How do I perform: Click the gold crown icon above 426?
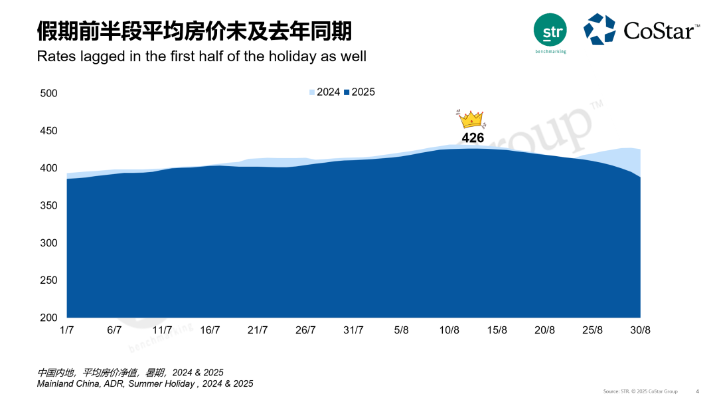click(x=471, y=119)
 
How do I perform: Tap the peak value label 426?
click(x=473, y=138)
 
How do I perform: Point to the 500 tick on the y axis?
click(x=49, y=94)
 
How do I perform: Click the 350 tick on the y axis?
click(x=49, y=206)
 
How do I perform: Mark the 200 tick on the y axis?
click(x=49, y=318)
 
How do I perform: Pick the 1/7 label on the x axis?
click(x=66, y=330)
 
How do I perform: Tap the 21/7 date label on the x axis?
click(x=258, y=330)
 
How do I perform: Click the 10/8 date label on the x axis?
click(x=449, y=330)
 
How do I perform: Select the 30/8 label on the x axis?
click(x=640, y=330)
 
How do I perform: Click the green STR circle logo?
click(x=550, y=30)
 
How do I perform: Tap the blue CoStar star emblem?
click(x=599, y=29)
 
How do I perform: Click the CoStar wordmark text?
click(x=661, y=31)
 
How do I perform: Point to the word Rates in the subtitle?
click(x=56, y=56)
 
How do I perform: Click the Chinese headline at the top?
click(x=194, y=30)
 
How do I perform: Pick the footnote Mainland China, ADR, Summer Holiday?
click(x=145, y=383)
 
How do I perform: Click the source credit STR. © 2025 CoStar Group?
click(x=640, y=391)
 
